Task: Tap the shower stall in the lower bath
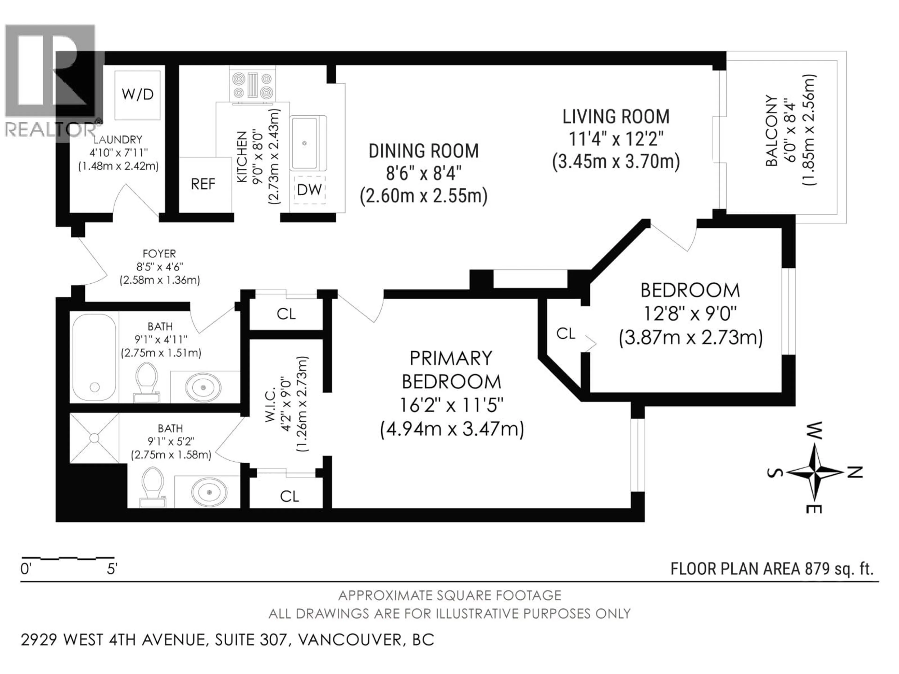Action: (94, 438)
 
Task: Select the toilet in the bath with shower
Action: (153, 487)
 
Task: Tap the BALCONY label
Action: (771, 131)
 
